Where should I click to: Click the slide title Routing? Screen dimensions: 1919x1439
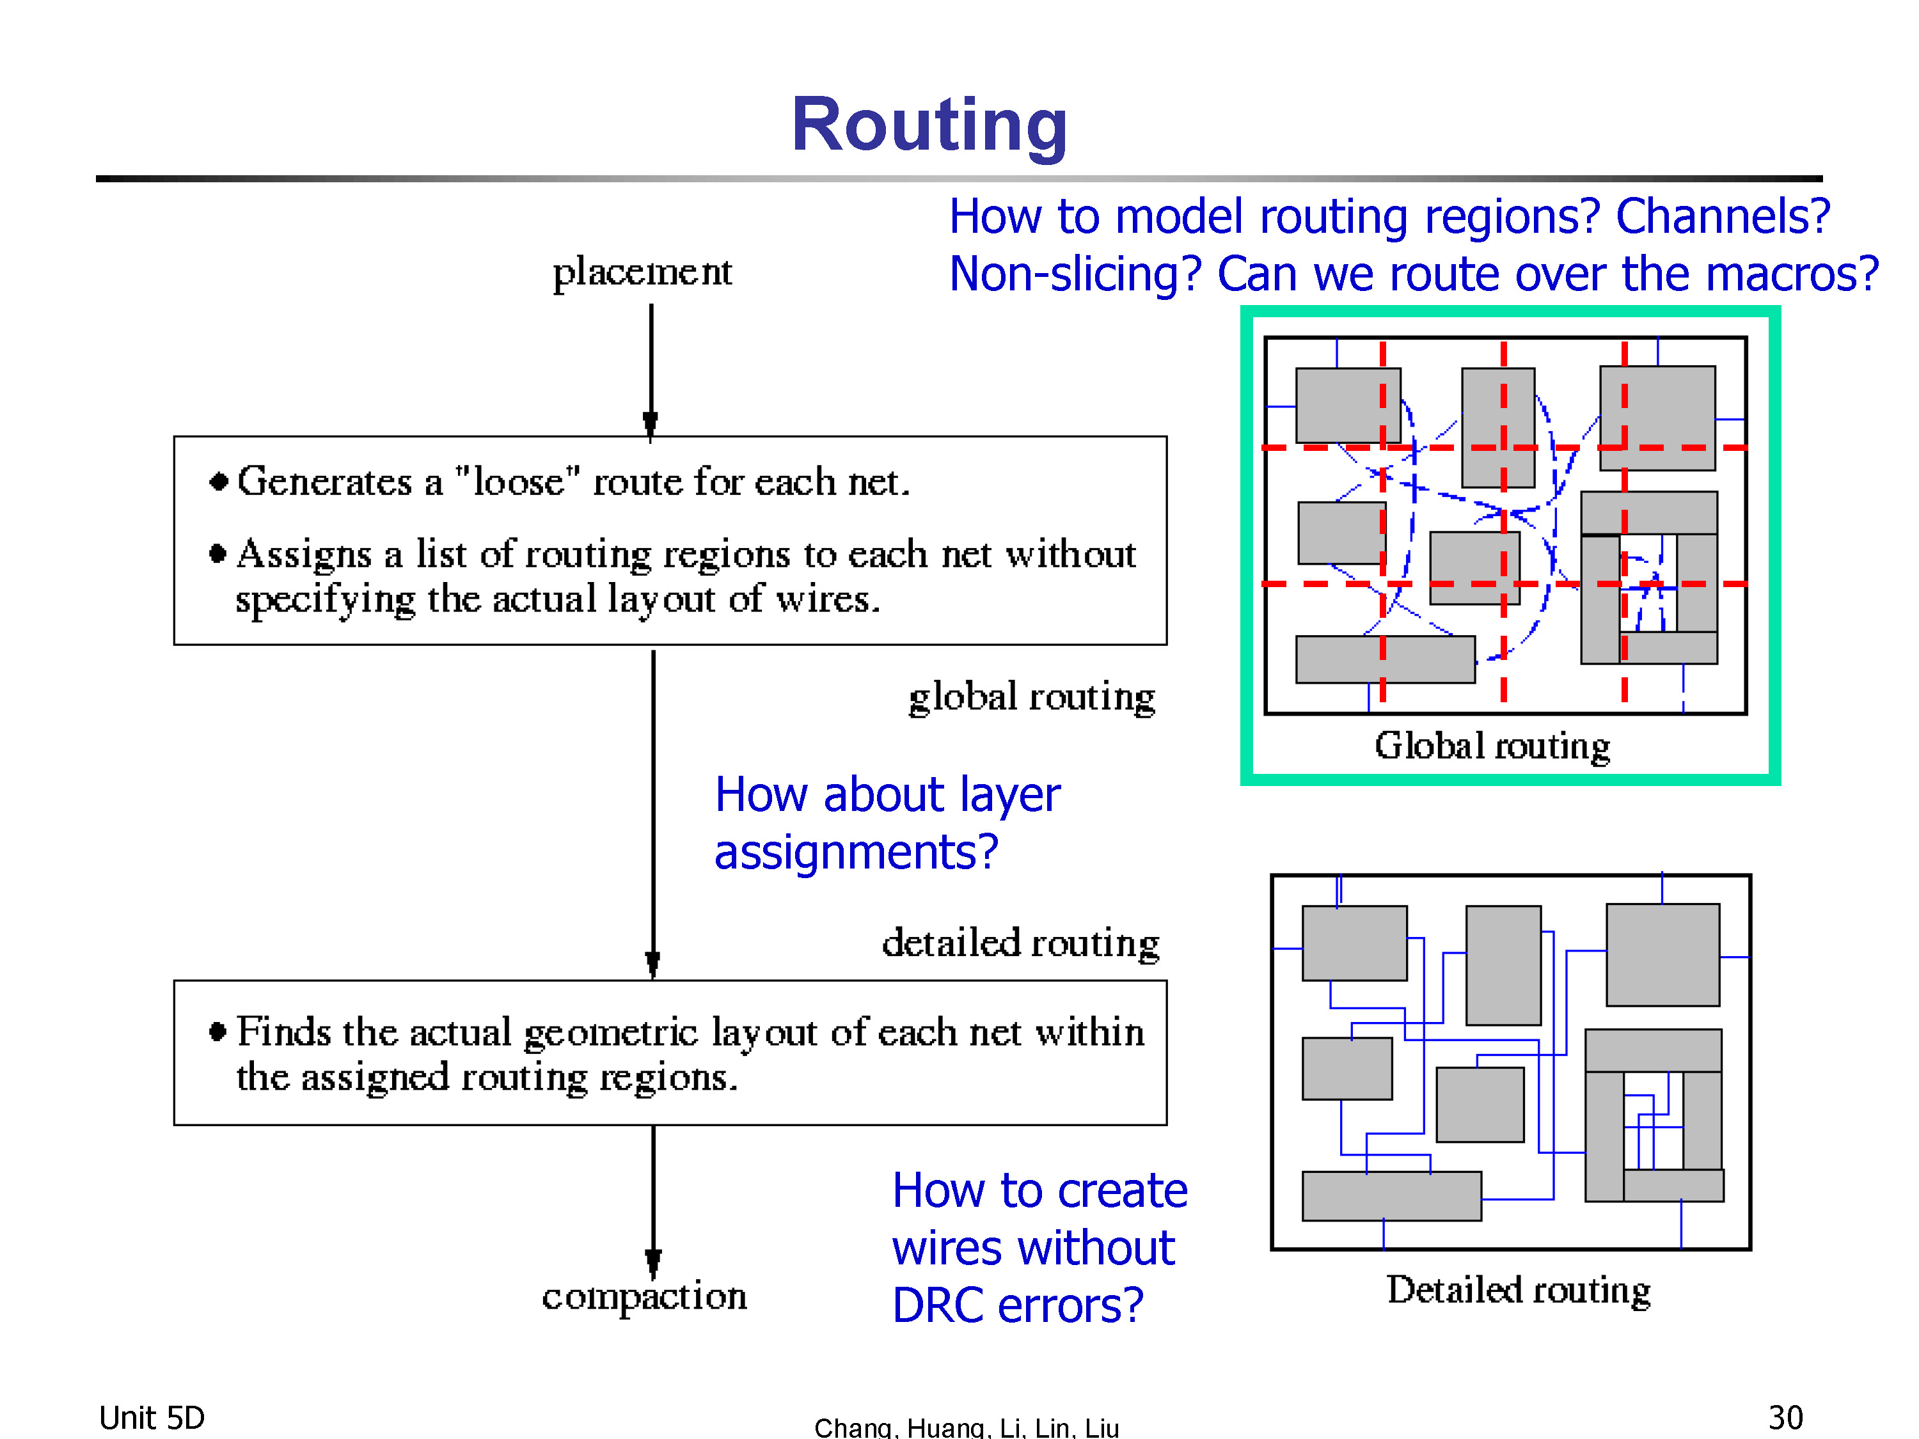pyautogui.click(x=929, y=125)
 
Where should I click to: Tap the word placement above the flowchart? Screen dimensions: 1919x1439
pyautogui.click(x=643, y=272)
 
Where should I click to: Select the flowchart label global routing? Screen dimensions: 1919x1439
pyautogui.click(x=1032, y=697)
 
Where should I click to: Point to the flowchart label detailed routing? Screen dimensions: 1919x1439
pyautogui.click(x=1021, y=943)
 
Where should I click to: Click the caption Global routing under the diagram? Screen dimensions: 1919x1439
pyautogui.click(x=1492, y=746)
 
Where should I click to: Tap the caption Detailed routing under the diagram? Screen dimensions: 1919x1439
pyautogui.click(x=1518, y=1290)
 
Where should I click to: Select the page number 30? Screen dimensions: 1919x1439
pyautogui.click(x=1785, y=1418)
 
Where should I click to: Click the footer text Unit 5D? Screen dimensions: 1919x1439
pyautogui.click(x=152, y=1418)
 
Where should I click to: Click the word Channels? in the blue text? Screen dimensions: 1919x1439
pyautogui.click(x=1722, y=216)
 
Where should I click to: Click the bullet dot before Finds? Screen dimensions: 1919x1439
pyautogui.click(x=217, y=1032)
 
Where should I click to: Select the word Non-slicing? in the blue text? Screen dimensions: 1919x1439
pyautogui.click(x=1076, y=274)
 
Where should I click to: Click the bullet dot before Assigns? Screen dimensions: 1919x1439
pyautogui.click(x=217, y=553)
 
